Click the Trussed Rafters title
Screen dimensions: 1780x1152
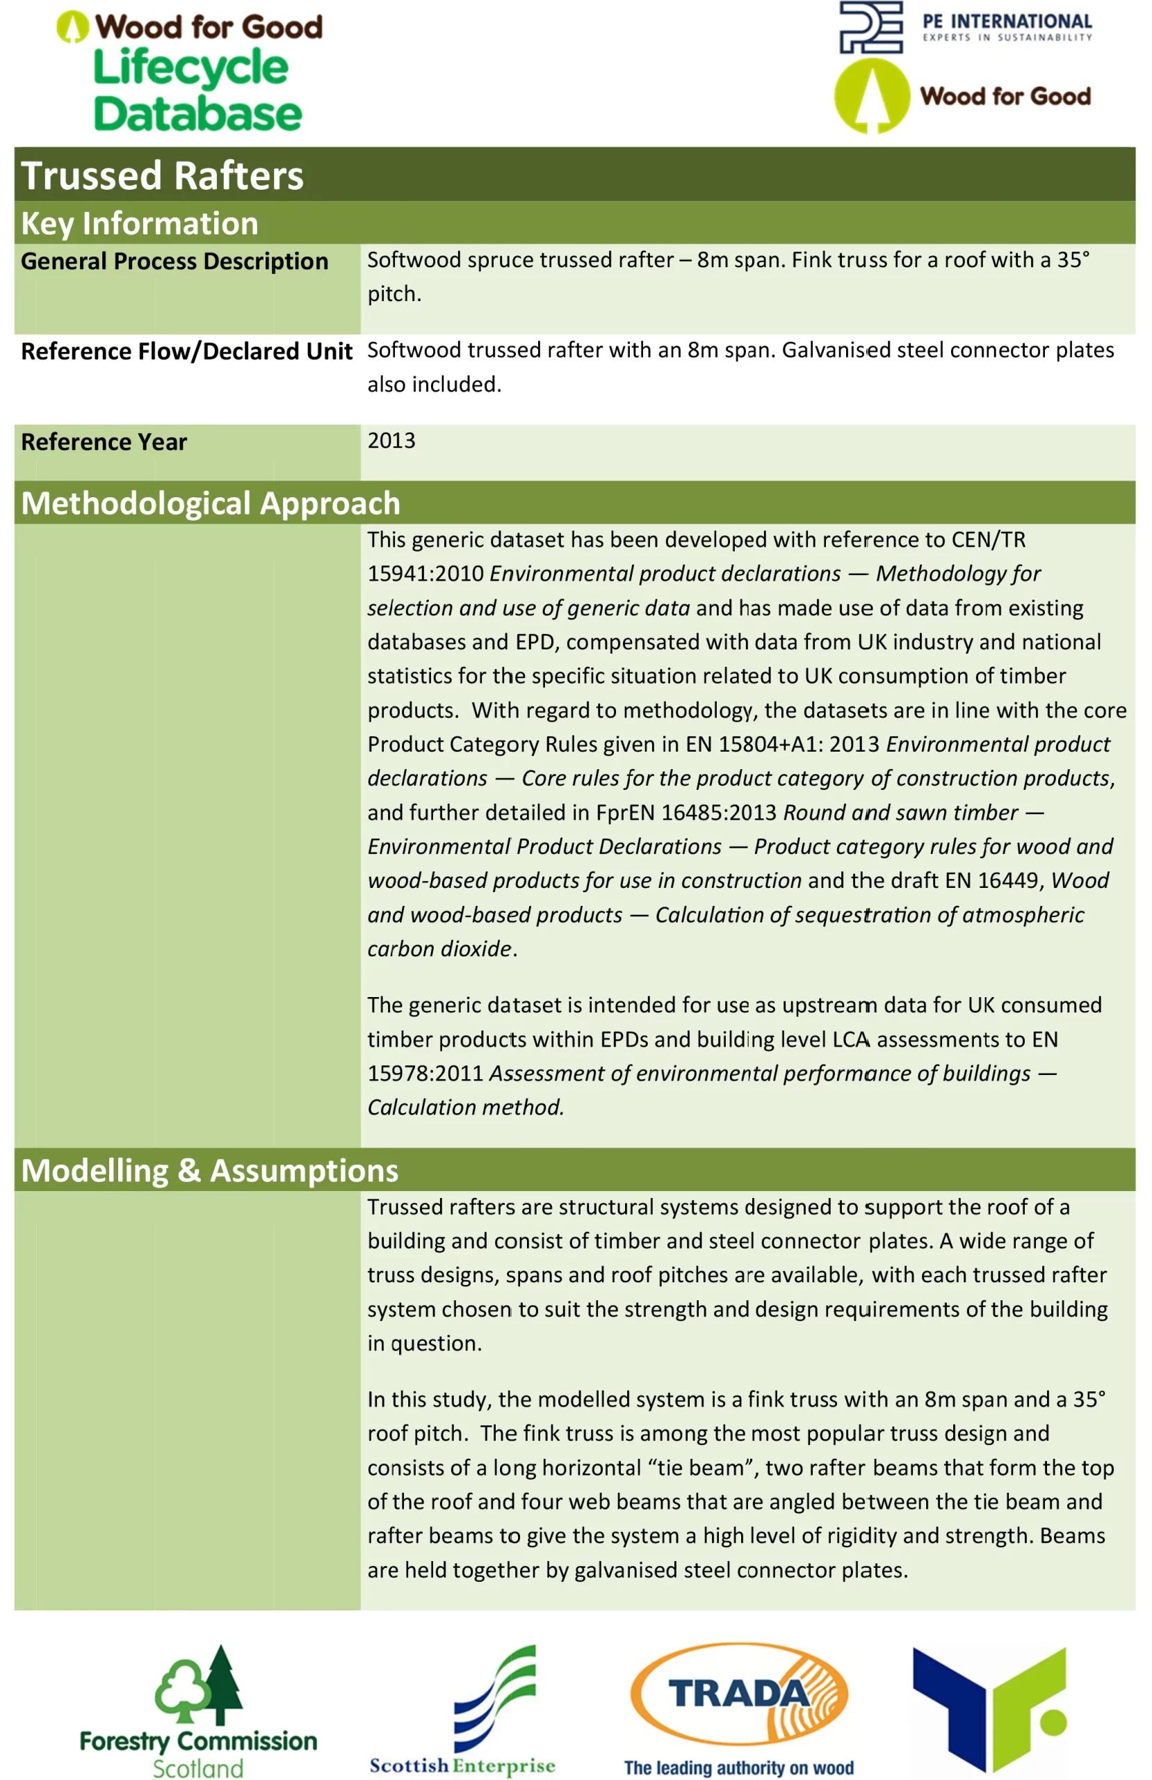[x=162, y=177]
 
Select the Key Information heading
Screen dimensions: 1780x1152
[x=140, y=224]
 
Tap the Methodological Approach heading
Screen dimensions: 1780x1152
[x=211, y=503]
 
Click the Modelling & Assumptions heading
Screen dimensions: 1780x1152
[x=209, y=1170]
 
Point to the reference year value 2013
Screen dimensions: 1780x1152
[x=391, y=441]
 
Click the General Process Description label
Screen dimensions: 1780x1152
[x=175, y=261]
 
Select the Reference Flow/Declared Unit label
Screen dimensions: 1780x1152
[x=186, y=352]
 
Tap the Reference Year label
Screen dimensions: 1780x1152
[x=104, y=442]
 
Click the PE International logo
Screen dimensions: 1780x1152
[x=965, y=28]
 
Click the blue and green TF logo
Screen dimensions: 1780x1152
[x=989, y=1709]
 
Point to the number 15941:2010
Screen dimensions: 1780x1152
[x=425, y=574]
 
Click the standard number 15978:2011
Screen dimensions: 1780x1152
[x=425, y=1074]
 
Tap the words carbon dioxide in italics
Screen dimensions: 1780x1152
[x=440, y=948]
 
